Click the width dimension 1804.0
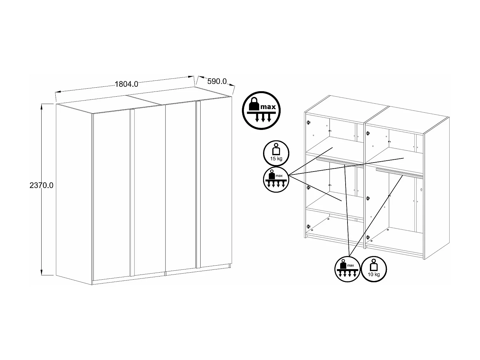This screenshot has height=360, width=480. pyautogui.click(x=126, y=84)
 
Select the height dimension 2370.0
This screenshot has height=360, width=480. pyautogui.click(x=41, y=185)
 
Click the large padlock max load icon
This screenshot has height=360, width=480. pyautogui.click(x=261, y=110)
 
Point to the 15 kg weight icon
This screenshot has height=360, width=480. pyautogui.click(x=276, y=153)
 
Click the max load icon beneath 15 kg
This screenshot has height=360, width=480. pyautogui.click(x=276, y=180)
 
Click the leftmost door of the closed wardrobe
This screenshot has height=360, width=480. pyautogui.click(x=111, y=195)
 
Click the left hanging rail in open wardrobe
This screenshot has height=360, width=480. pyautogui.click(x=339, y=163)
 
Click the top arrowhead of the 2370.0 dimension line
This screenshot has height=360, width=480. pyautogui.click(x=42, y=106)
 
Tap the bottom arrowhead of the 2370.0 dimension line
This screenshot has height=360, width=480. pyautogui.click(x=42, y=272)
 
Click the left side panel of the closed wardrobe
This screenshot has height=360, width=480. pyautogui.click(x=74, y=192)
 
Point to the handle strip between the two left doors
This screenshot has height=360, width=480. pyautogui.click(x=131, y=192)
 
